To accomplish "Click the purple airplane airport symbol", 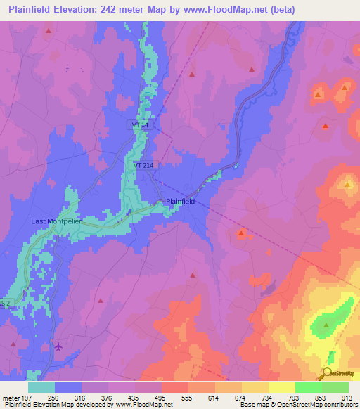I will click(58, 346).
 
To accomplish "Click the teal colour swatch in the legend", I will click(41, 387).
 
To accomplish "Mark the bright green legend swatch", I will click(309, 387).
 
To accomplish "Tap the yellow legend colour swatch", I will click(282, 387).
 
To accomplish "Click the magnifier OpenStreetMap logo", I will click(328, 374).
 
